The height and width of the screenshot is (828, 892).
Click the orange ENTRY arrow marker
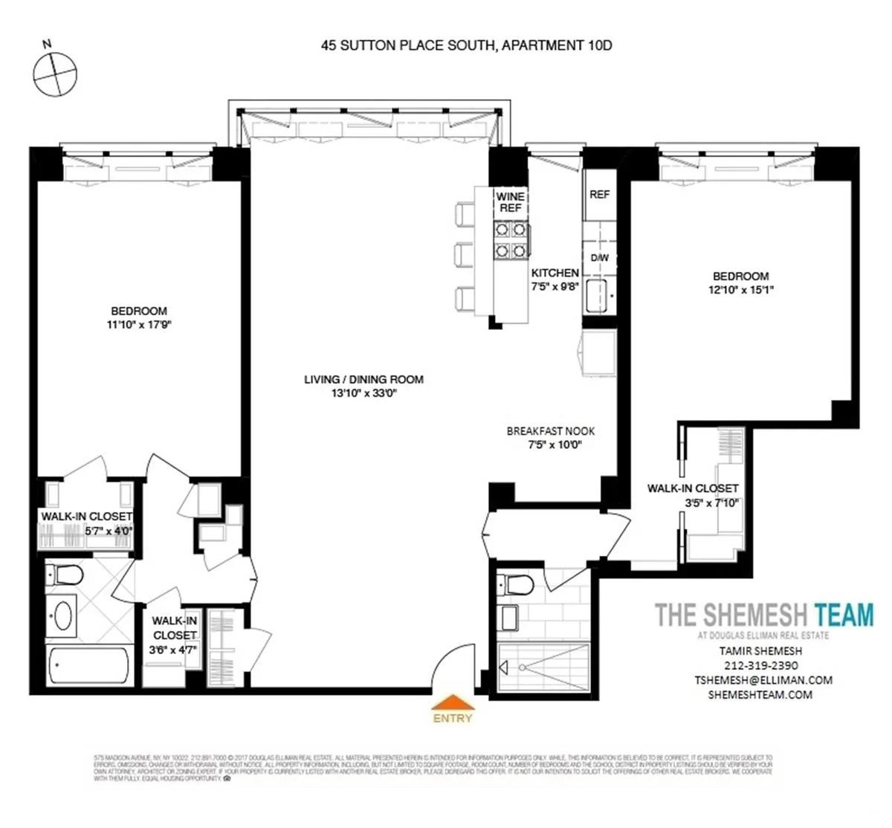(452, 703)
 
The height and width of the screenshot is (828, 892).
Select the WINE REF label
(511, 202)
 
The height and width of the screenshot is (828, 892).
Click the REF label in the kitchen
(599, 195)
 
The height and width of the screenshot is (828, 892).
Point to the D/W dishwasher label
(599, 258)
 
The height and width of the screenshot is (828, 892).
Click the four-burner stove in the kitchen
(511, 239)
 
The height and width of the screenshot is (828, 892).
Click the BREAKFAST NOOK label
(551, 431)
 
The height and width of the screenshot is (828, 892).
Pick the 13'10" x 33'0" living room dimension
(363, 394)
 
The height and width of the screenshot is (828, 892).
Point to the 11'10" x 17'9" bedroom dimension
(139, 325)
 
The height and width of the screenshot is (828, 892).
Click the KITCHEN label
(555, 274)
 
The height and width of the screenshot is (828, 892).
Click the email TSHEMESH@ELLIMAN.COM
(763, 680)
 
